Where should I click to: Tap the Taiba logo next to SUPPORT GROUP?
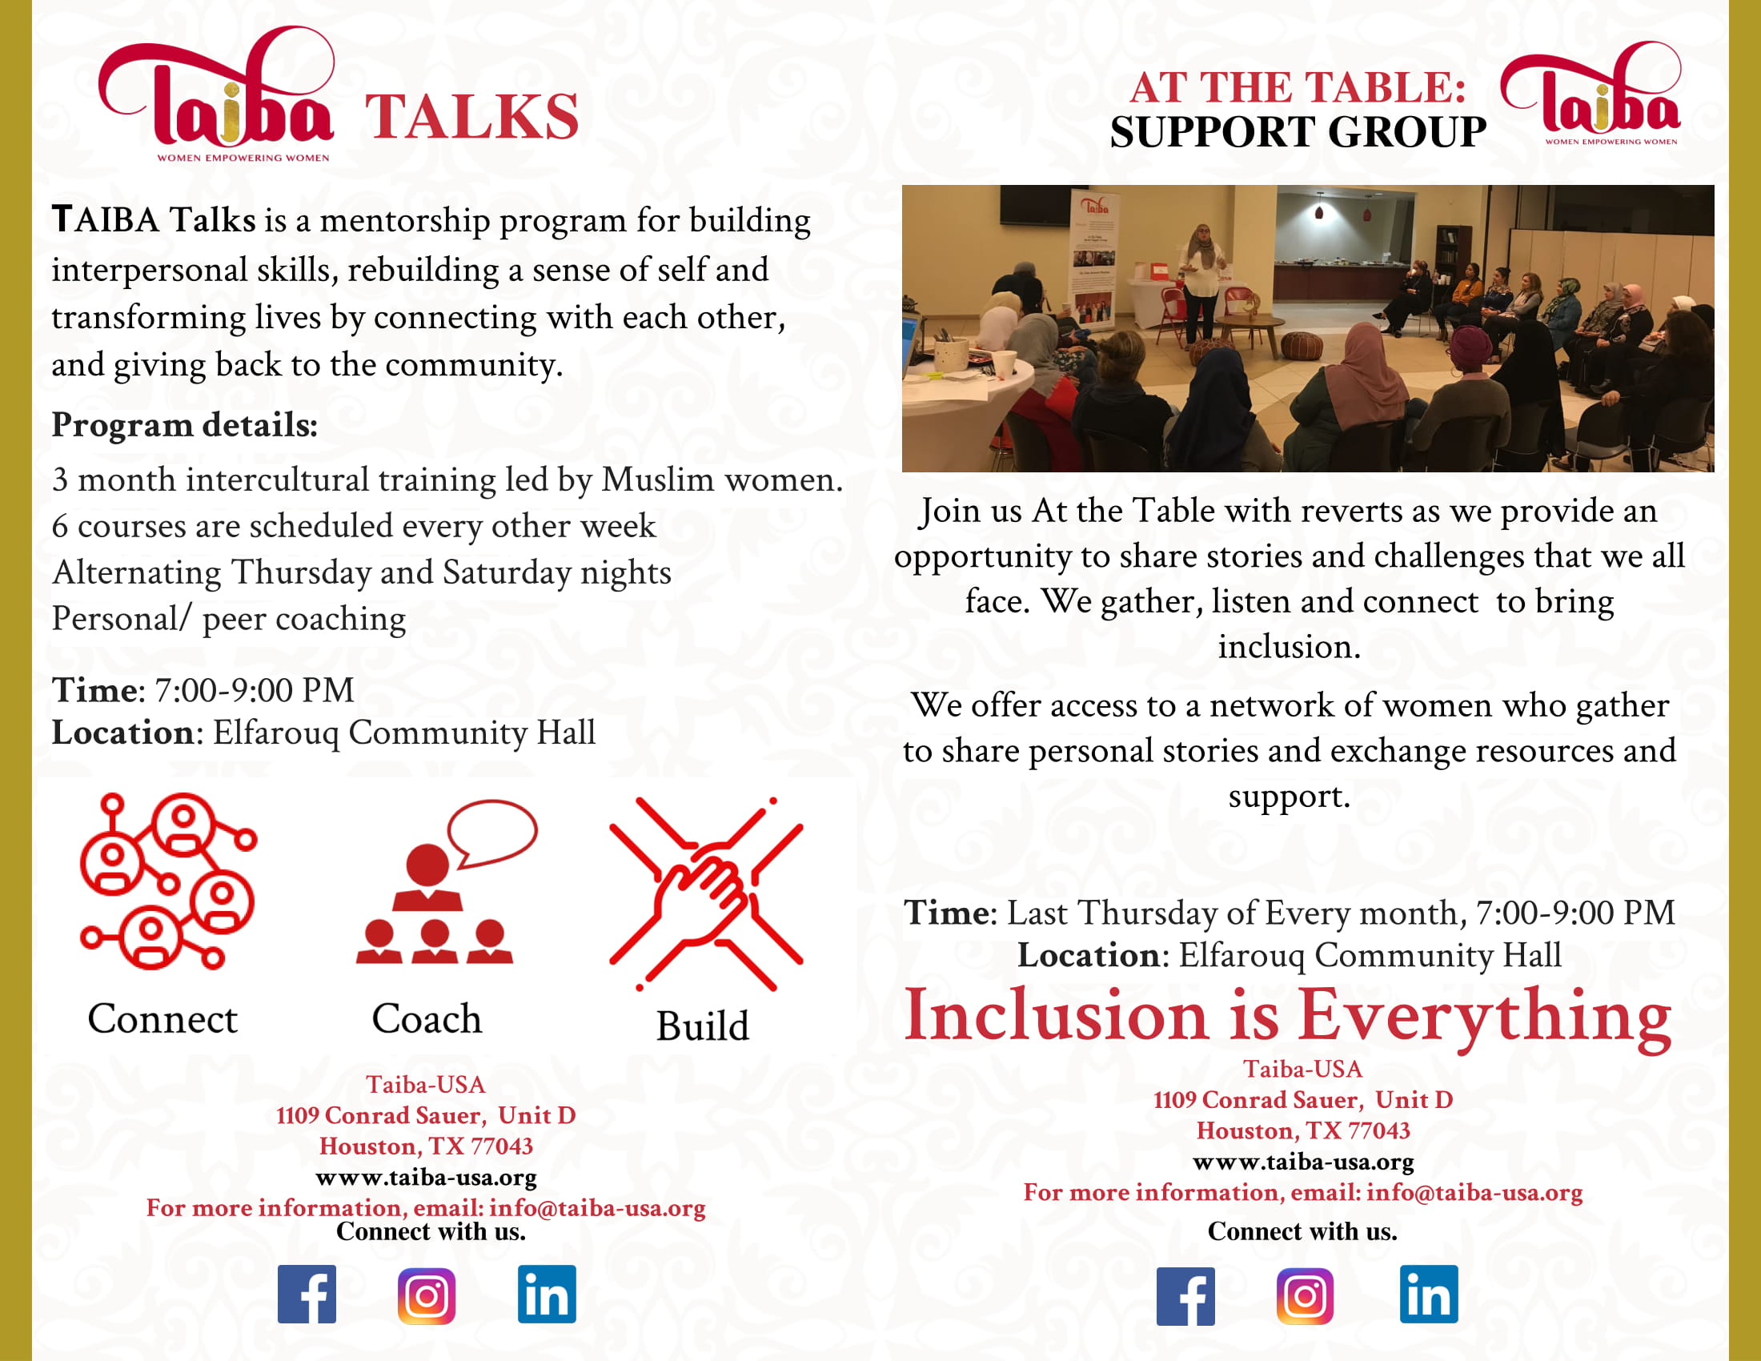coord(1591,94)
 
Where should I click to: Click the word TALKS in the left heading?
coord(472,118)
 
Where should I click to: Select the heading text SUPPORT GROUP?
coord(1298,132)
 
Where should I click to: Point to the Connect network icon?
coord(169,881)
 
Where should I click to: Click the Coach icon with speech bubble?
coord(446,881)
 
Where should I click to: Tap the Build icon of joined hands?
coord(706,893)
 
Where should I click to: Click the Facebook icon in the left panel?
coord(307,1294)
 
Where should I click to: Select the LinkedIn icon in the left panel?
coord(547,1294)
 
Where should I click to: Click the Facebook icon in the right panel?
coord(1185,1296)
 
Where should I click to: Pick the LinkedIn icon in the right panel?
coord(1429,1294)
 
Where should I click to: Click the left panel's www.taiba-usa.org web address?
coord(427,1177)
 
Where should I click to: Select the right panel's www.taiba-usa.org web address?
coord(1303,1162)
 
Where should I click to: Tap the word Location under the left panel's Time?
coord(123,733)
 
